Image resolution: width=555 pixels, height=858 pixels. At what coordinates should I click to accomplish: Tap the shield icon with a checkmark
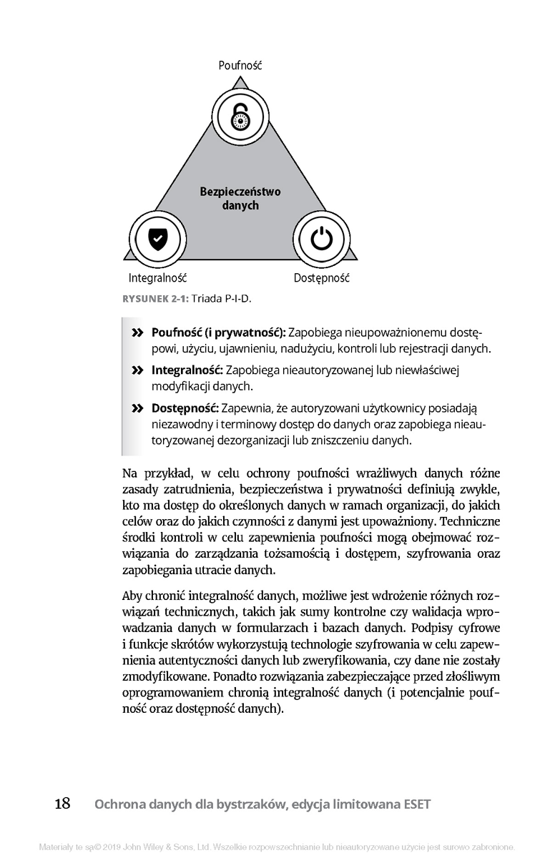157,239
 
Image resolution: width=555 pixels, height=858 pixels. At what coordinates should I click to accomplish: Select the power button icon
322,239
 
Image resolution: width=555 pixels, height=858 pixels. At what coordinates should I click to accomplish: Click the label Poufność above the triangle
240,65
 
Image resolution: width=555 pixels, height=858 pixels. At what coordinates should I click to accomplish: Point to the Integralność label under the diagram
157,277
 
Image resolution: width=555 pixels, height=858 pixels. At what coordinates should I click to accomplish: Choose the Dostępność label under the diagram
322,277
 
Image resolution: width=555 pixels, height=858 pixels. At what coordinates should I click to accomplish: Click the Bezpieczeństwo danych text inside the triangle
240,199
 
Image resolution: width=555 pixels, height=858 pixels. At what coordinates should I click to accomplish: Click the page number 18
62,804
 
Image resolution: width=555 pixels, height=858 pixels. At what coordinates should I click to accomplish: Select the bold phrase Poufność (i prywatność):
219,333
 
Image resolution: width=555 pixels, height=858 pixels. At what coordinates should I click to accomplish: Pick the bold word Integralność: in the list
188,370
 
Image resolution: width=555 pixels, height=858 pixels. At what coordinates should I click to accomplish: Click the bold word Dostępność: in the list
185,408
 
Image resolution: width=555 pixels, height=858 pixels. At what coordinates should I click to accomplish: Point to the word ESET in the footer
416,804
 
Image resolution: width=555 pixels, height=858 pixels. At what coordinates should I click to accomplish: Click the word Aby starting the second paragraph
132,595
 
